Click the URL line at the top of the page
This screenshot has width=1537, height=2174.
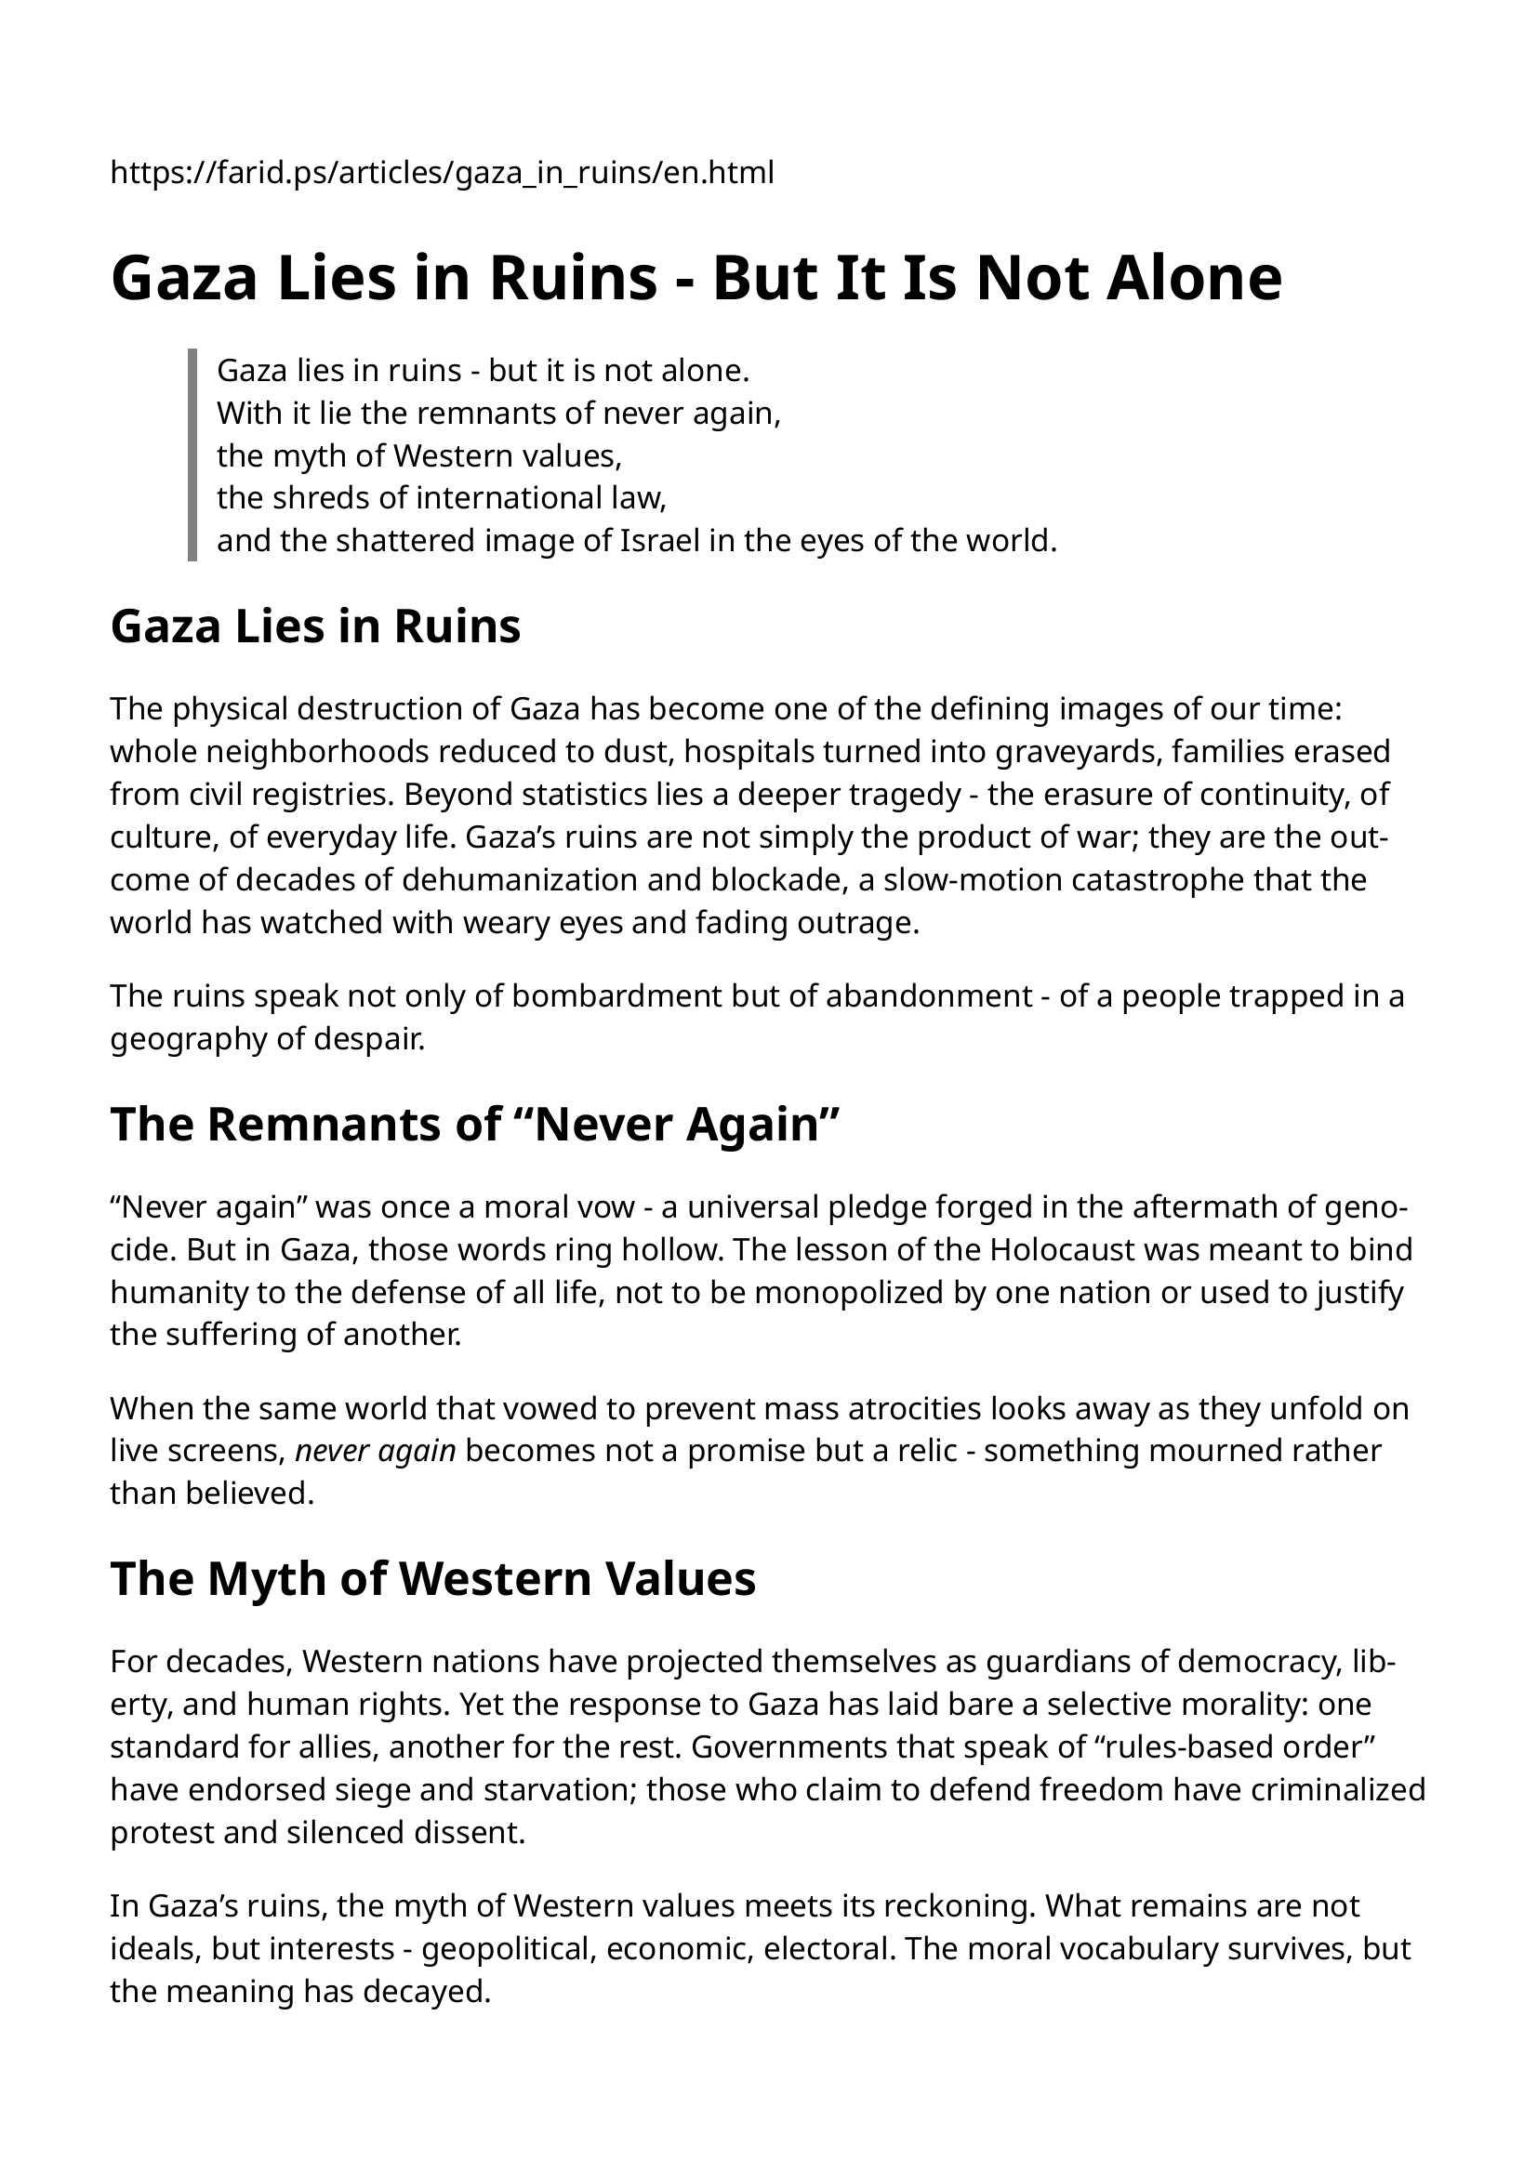point(442,173)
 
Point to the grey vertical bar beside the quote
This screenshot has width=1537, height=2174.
point(192,455)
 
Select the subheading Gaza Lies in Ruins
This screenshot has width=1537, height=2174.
point(315,626)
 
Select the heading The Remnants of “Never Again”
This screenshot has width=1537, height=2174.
point(475,1125)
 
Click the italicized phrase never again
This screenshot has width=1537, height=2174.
point(376,1452)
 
